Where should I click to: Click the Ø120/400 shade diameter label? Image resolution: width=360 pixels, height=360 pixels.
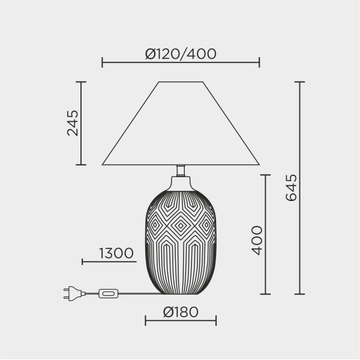(181, 54)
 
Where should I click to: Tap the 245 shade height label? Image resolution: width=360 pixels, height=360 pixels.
(73, 123)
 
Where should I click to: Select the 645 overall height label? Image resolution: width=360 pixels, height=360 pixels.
(291, 188)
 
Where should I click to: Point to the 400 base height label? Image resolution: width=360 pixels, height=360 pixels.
(257, 241)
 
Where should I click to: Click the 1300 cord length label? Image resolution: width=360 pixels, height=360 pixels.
(116, 253)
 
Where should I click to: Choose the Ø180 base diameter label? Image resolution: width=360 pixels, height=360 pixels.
(181, 312)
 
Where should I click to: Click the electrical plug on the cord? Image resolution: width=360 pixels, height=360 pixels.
(74, 293)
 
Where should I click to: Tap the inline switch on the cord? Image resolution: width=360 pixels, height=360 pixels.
(109, 293)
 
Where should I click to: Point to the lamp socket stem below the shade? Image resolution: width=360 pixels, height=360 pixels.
(181, 170)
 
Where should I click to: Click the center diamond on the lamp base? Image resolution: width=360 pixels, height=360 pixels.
(181, 226)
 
